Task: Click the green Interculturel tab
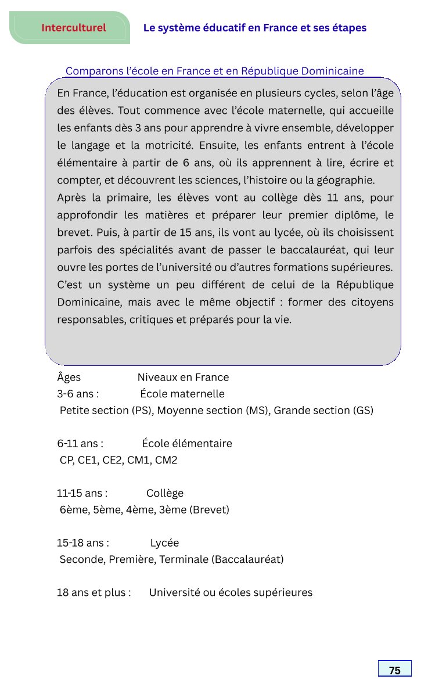(x=73, y=28)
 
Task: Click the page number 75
(x=394, y=670)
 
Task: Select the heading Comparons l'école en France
(x=214, y=71)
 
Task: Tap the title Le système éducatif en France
(x=254, y=28)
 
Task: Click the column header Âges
(x=69, y=378)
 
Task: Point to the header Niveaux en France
(x=183, y=378)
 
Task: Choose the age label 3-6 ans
(x=78, y=394)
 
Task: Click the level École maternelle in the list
(x=182, y=394)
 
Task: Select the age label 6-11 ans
(x=80, y=444)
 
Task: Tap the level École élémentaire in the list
(x=187, y=444)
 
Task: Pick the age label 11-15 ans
(x=82, y=494)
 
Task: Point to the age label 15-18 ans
(x=83, y=543)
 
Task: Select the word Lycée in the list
(x=164, y=543)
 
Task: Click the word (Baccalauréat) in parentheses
(x=247, y=560)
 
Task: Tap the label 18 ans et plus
(x=93, y=593)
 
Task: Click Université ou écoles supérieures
(x=231, y=593)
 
